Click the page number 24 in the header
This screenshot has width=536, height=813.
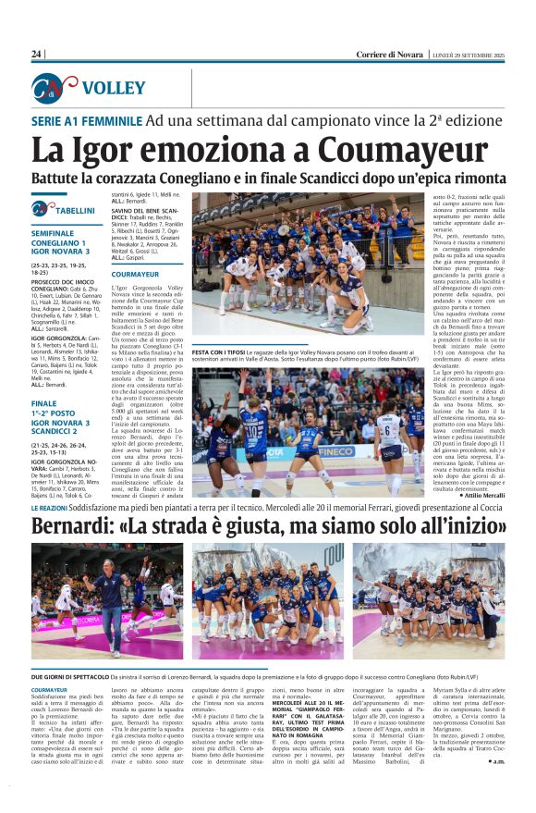(x=36, y=55)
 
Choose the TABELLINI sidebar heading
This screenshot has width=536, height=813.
(x=74, y=211)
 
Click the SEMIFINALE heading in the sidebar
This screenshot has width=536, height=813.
(x=57, y=233)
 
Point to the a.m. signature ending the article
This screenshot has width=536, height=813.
(x=497, y=760)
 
